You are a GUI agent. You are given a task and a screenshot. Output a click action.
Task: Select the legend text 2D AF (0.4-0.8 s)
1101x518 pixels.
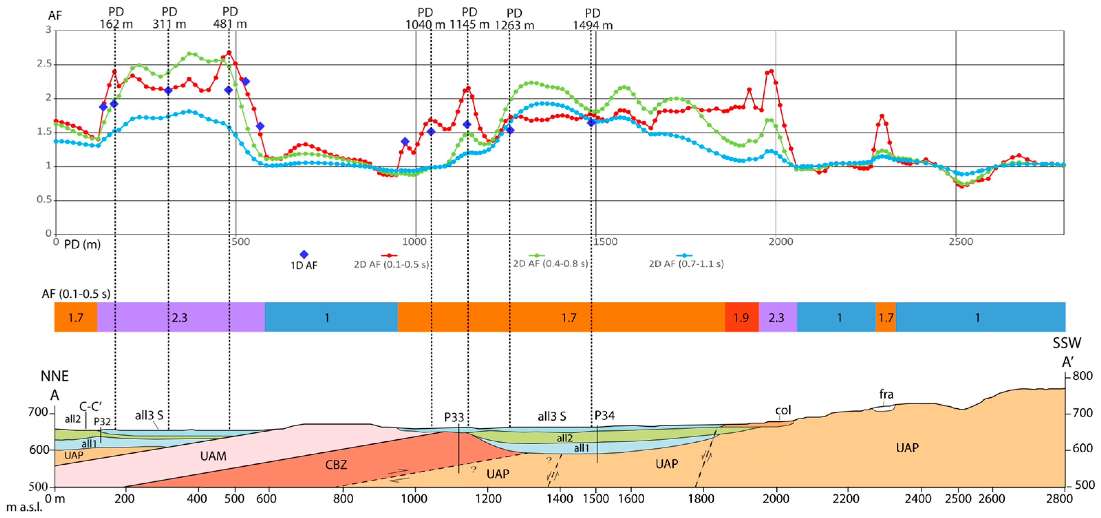tap(550, 264)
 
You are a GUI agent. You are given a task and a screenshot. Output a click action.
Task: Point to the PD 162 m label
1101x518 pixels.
tap(116, 18)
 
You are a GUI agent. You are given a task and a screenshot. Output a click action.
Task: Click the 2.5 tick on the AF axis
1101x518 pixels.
tap(44, 64)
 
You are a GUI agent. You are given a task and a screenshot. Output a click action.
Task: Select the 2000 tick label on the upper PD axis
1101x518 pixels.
tap(780, 242)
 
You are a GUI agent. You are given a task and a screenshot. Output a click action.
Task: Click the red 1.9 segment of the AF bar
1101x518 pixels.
tap(741, 317)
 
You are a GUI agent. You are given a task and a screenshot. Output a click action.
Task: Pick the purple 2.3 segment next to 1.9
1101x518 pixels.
tap(776, 317)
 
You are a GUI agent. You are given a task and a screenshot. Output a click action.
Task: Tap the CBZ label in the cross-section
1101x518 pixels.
tap(336, 465)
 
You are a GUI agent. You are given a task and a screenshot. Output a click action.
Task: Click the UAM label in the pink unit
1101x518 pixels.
tap(213, 456)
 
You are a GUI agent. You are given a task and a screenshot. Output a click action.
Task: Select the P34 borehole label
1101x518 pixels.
tap(604, 416)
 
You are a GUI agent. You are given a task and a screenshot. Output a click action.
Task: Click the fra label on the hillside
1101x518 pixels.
tap(886, 394)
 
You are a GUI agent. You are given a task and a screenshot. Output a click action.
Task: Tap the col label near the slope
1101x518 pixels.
tap(783, 410)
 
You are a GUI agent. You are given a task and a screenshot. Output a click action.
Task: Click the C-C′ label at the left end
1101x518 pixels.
tap(90, 406)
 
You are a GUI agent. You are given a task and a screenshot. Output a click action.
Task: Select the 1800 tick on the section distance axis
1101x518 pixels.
tap(701, 499)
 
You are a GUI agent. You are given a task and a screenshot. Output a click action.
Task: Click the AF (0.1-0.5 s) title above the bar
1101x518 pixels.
tap(76, 294)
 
